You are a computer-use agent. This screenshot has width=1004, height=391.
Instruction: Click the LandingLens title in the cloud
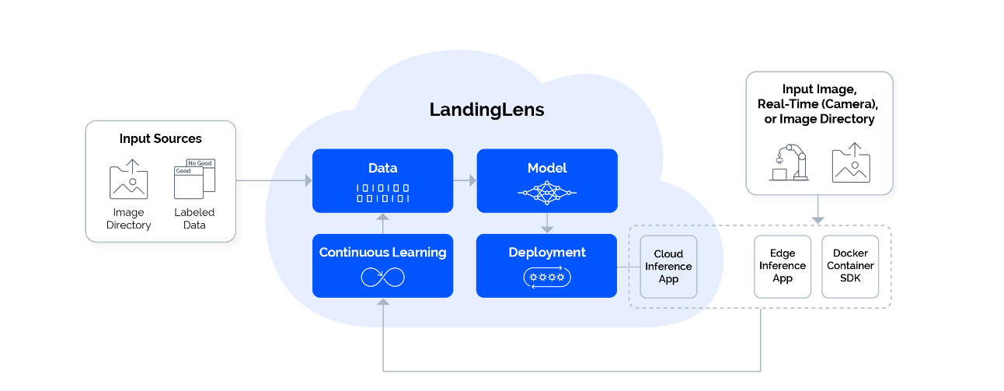(486, 110)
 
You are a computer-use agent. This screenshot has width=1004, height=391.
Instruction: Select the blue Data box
(382, 180)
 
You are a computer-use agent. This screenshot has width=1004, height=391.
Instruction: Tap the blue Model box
(546, 180)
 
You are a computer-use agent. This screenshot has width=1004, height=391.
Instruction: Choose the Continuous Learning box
(382, 265)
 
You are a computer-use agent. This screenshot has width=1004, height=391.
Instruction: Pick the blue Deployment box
(546, 265)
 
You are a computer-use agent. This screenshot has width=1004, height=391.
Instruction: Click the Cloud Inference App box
(668, 267)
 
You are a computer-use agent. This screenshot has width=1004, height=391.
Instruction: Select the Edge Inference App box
(783, 266)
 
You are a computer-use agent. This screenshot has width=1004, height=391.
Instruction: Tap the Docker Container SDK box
(850, 266)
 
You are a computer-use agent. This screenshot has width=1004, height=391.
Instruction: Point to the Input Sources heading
(160, 139)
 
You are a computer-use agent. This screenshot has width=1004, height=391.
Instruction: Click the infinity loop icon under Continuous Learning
(382, 277)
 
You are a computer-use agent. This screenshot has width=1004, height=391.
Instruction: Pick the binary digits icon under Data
(382, 193)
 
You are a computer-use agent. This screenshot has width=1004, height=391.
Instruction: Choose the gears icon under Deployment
(546, 277)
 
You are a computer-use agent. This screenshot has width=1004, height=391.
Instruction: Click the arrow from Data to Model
(465, 180)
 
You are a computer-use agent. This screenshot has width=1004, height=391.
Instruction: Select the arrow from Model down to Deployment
(546, 223)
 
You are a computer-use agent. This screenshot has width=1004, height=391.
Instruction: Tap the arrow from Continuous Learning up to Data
(382, 223)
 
